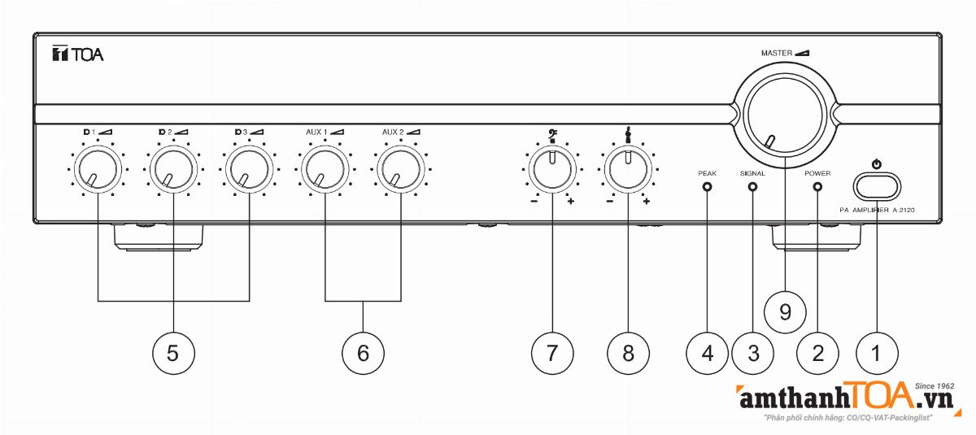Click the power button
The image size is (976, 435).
coord(877,185)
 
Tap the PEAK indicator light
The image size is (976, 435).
coord(706,187)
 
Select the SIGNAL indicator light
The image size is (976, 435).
coord(752,187)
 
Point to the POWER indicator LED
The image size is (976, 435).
coord(817,187)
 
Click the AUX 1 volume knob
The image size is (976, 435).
coord(325,171)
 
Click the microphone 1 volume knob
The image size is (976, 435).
coord(98,172)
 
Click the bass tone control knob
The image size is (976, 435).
coord(552,171)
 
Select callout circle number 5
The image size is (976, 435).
coord(173,352)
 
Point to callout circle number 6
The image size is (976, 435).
coord(363,352)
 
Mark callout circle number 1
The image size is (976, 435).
coord(877,352)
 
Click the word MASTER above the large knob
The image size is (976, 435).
coord(777,53)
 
